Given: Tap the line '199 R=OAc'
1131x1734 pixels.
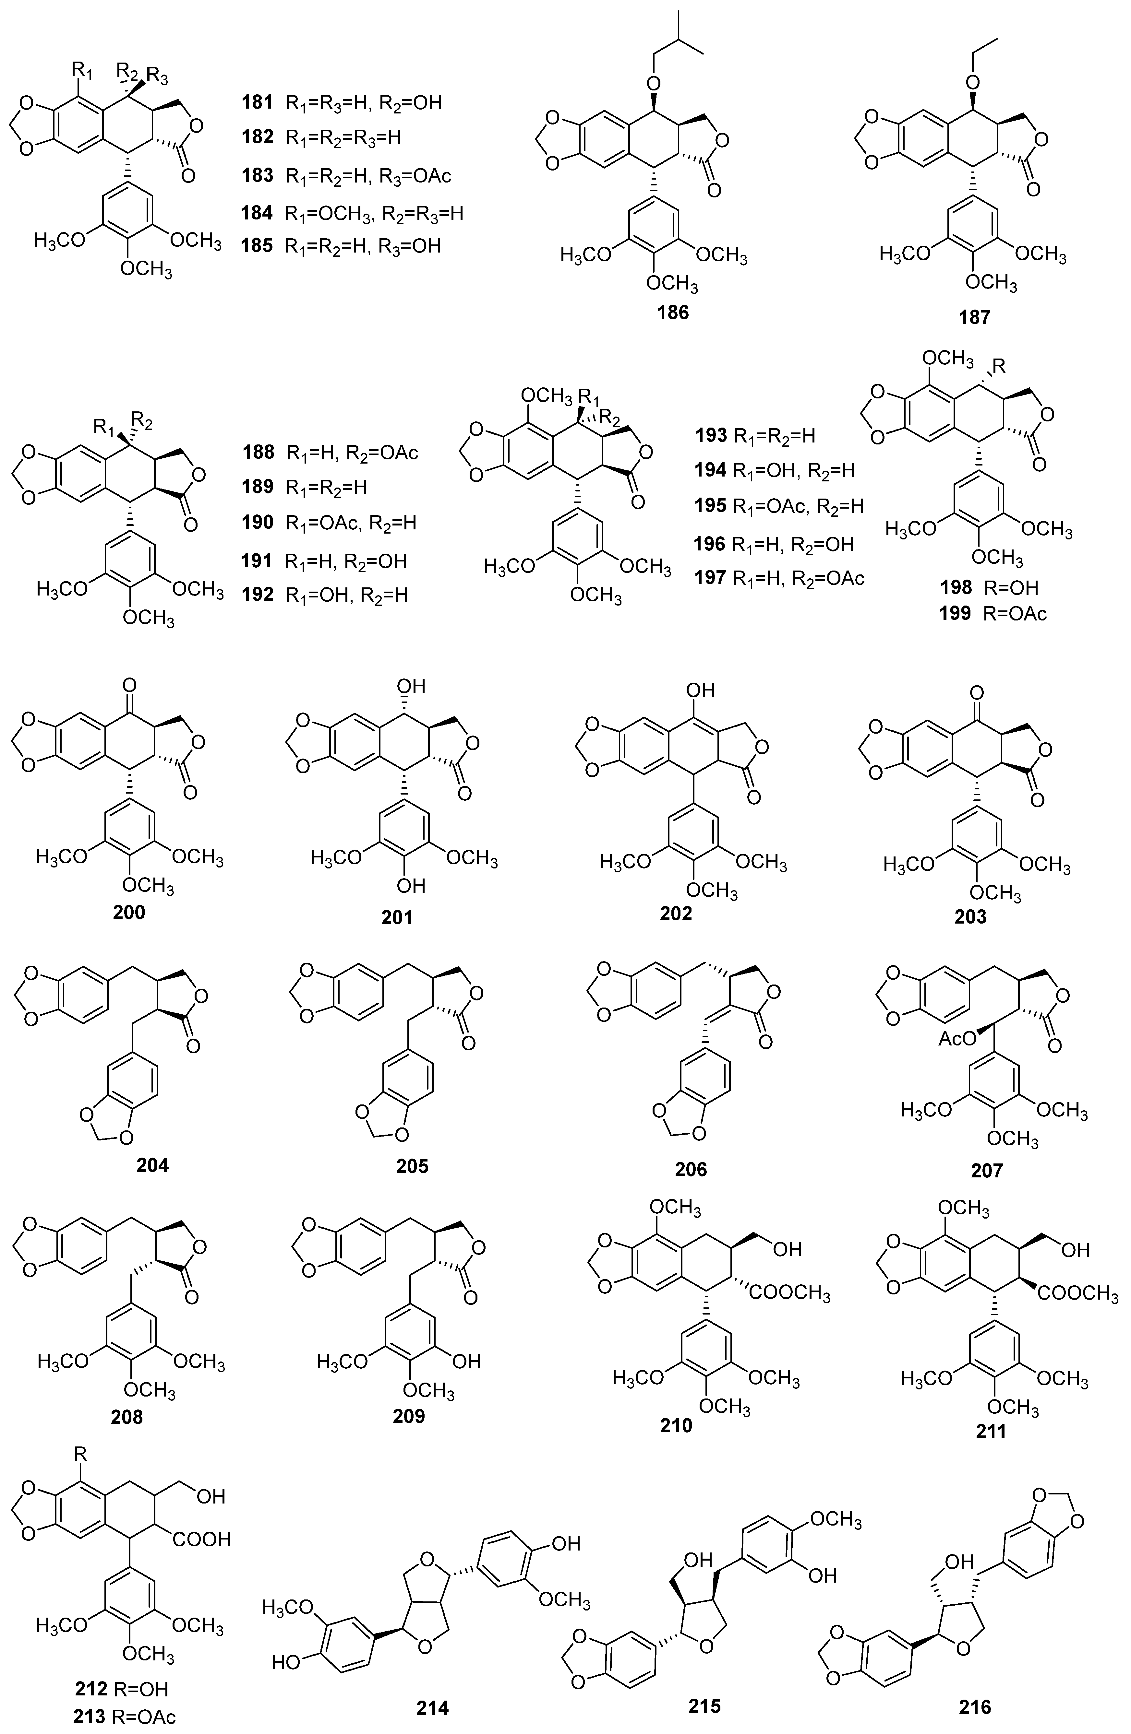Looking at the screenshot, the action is pyautogui.click(x=993, y=613).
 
